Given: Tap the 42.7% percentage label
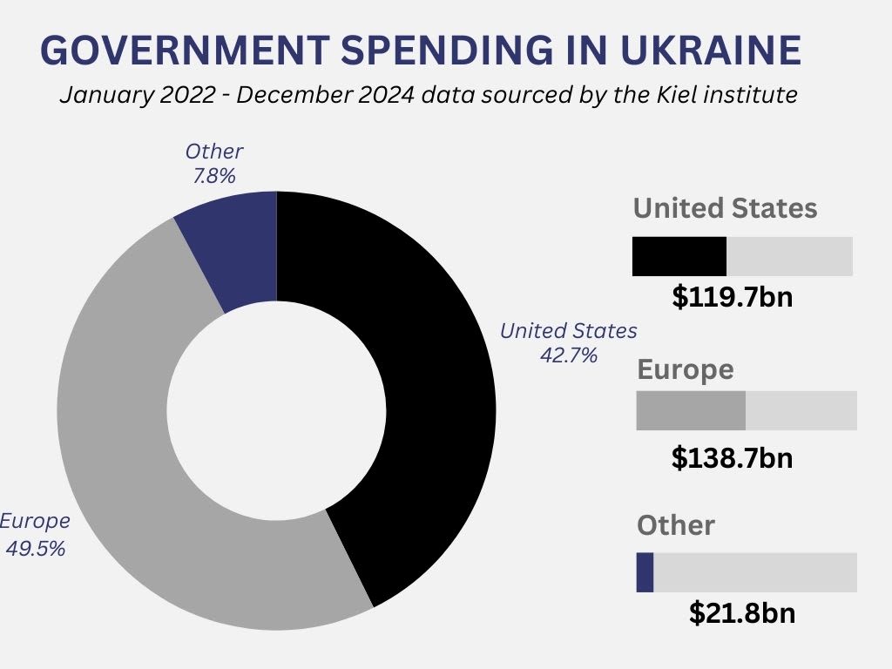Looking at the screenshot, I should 568,355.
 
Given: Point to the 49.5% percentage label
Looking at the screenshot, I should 35,549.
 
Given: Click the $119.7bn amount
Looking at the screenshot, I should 733,297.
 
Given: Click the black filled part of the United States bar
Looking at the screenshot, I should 679,256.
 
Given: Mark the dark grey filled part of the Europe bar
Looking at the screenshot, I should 691,410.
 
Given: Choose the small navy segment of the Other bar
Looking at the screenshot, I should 645,572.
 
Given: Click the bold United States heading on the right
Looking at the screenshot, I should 725,209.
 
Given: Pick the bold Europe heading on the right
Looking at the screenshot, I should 686,369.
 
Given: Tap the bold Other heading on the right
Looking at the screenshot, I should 676,525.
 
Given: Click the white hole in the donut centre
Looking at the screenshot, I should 276,410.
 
